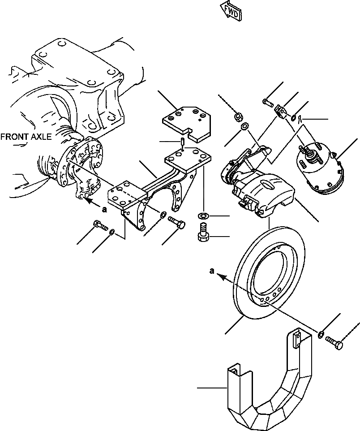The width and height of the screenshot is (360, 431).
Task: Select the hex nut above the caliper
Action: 238,118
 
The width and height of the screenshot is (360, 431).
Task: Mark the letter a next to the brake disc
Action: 212,271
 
